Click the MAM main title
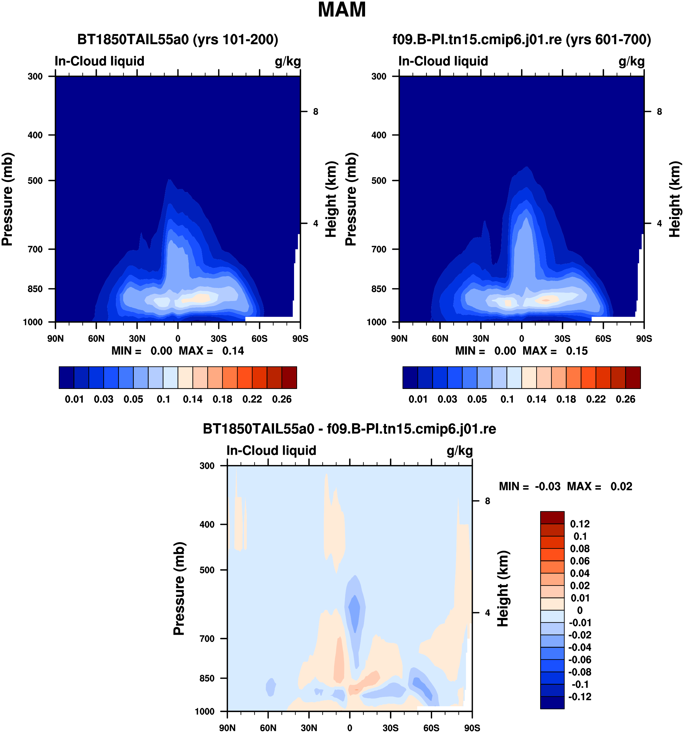click(x=342, y=10)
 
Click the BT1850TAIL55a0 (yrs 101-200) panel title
click(x=178, y=39)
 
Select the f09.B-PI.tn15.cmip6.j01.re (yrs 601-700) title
click(x=522, y=39)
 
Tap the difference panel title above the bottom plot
click(x=350, y=429)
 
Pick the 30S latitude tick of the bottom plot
click(x=391, y=728)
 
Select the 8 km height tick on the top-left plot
click(x=316, y=111)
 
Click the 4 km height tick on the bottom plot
click(x=487, y=613)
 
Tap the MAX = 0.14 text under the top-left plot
click(x=211, y=351)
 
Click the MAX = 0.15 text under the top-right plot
click(x=555, y=351)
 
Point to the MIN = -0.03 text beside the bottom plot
click(x=530, y=486)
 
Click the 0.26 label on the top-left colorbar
click(x=282, y=399)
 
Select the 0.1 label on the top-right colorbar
click(x=507, y=399)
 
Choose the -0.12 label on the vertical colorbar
click(x=580, y=697)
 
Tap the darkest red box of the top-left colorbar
click(x=289, y=377)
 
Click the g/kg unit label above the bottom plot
click(x=460, y=451)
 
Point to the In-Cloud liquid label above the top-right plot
click(x=443, y=61)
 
